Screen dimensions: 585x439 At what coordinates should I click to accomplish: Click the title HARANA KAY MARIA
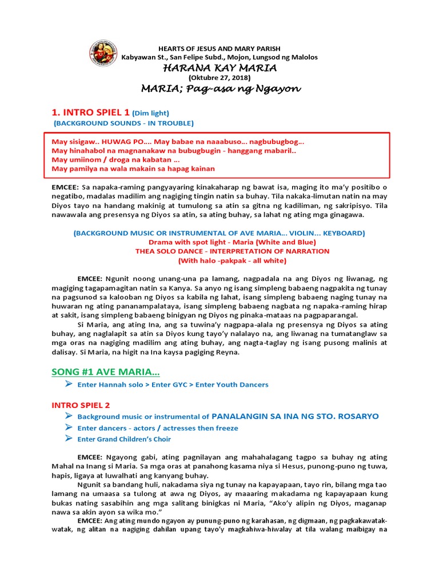(x=219, y=68)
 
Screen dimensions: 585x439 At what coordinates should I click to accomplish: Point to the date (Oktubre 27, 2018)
(x=219, y=78)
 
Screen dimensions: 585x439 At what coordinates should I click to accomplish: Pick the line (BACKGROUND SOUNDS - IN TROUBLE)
(x=123, y=123)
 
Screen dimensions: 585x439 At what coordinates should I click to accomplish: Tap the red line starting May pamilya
(x=133, y=169)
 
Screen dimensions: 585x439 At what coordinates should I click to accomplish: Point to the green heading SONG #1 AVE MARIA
(x=106, y=372)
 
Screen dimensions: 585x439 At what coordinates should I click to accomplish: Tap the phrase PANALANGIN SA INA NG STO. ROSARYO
(x=295, y=416)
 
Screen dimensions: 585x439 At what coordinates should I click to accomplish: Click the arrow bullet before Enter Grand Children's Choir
(x=69, y=439)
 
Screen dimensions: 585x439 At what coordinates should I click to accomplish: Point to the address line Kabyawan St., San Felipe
(x=219, y=57)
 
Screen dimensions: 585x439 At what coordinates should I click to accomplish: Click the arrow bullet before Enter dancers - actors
(x=69, y=428)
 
